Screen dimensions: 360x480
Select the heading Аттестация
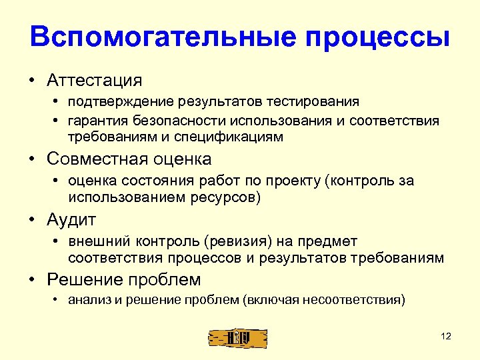95,80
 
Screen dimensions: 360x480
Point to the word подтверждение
119,102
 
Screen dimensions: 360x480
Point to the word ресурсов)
227,197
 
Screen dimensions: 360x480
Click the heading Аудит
72,219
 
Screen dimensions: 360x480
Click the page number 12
446,337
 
